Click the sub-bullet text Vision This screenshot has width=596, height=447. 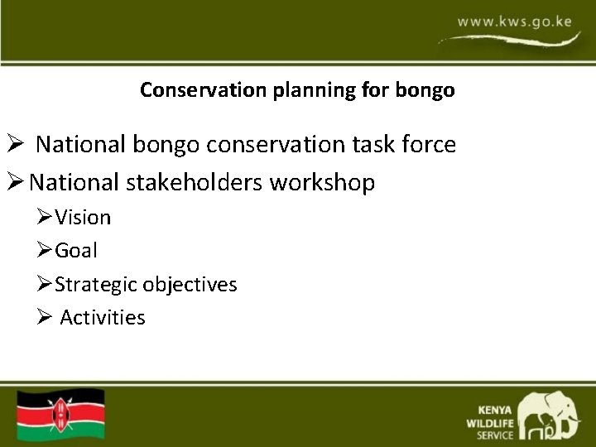pos(83,217)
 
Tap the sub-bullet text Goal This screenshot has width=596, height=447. pos(76,250)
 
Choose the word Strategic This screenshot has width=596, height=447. pos(96,285)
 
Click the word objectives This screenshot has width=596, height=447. pos(190,285)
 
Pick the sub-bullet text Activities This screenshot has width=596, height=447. pos(103,317)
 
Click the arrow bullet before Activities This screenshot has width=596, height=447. pos(45,317)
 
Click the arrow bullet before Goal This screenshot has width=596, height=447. pos(45,250)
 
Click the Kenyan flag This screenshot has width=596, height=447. pos(62,413)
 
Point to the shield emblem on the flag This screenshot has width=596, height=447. pos(61,413)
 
